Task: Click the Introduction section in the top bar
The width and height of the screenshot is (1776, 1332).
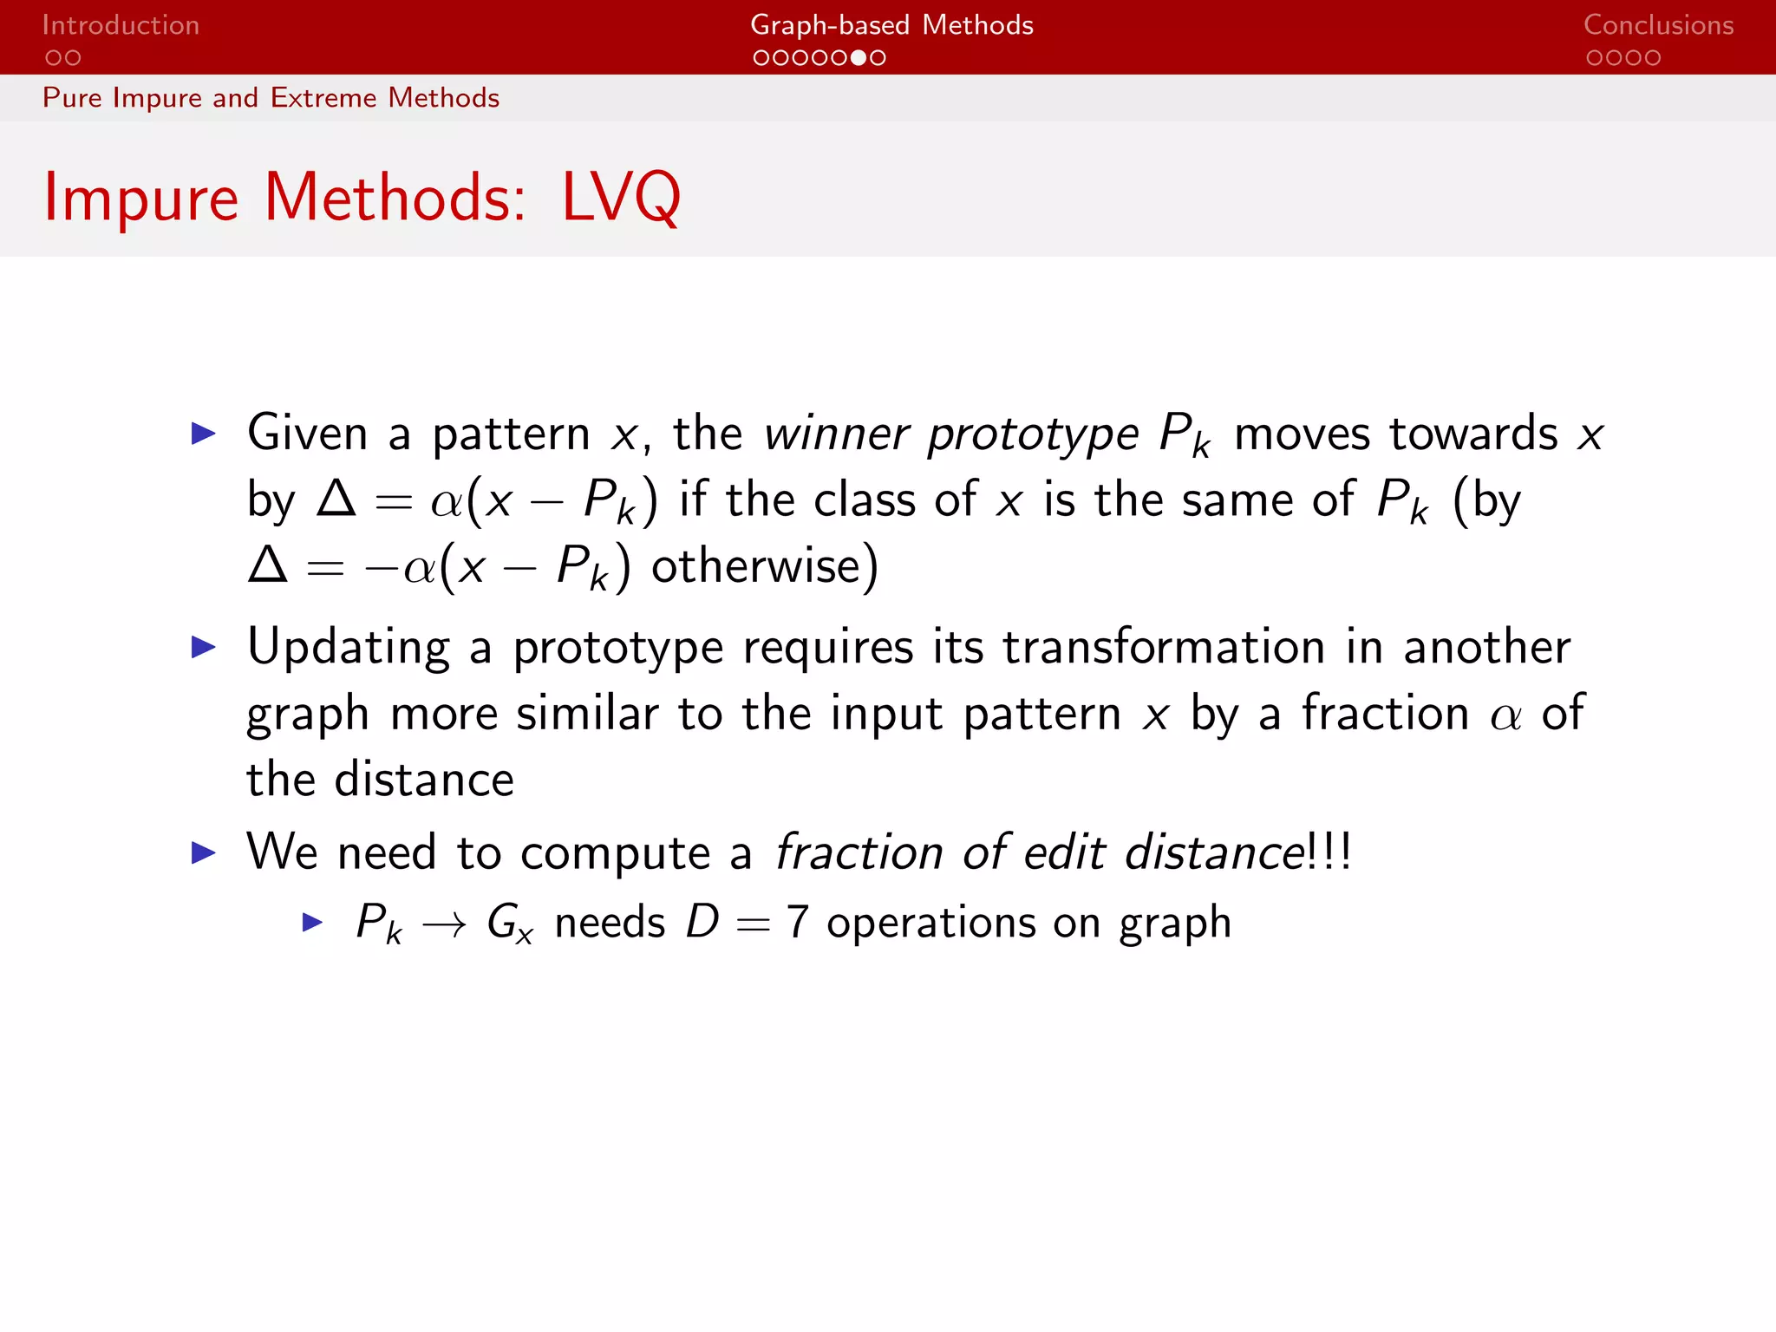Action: [x=121, y=25]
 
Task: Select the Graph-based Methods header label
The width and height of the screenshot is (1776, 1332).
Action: [x=891, y=25]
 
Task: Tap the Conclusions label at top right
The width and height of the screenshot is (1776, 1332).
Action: [x=1658, y=25]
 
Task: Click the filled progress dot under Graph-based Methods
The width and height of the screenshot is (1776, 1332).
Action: [x=858, y=58]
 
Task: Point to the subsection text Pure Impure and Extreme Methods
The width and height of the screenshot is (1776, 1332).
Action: [x=271, y=98]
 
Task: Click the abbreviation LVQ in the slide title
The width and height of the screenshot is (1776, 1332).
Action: [x=621, y=198]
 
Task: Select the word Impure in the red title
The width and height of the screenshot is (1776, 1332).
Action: [x=140, y=198]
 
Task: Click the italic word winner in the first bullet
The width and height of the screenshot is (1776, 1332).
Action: [x=836, y=433]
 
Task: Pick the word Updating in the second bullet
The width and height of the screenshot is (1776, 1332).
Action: [x=348, y=648]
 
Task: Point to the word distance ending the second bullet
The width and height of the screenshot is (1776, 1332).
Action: [x=424, y=780]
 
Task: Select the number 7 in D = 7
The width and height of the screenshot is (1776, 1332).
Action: [x=797, y=922]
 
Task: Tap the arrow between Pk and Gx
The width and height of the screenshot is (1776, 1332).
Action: [x=444, y=925]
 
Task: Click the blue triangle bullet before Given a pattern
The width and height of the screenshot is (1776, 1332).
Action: [x=203, y=434]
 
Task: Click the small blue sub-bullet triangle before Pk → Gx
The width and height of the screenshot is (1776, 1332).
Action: [x=312, y=922]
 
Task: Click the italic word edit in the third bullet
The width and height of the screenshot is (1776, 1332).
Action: [x=1064, y=852]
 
